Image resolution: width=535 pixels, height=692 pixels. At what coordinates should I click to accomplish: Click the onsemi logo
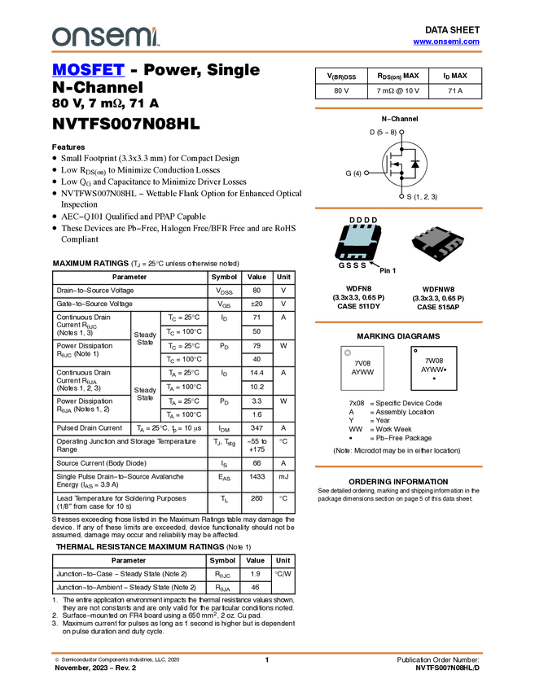pos(105,37)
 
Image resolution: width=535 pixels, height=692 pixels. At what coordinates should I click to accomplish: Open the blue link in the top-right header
pos(446,42)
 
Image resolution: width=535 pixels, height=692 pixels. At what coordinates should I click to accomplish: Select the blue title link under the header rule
pos(88,71)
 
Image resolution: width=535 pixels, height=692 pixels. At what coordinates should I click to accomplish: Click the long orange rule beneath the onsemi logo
pos(267,52)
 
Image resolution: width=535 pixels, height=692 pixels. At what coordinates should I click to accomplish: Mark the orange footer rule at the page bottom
pos(267,653)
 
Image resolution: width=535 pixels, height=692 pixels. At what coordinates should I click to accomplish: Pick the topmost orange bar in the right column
pos(398,108)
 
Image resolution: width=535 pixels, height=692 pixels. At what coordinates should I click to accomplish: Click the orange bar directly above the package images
pos(398,208)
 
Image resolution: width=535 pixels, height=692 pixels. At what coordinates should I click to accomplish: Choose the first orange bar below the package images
pos(398,322)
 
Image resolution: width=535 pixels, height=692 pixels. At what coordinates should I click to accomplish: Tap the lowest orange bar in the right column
pos(398,466)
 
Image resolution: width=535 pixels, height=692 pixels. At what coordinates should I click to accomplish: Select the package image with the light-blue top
pos(357,243)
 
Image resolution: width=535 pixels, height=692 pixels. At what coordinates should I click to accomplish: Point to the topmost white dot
pos(401,132)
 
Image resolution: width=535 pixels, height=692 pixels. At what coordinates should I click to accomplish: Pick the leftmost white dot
pos(366,173)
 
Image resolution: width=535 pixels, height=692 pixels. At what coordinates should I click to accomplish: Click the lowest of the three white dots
pos(401,196)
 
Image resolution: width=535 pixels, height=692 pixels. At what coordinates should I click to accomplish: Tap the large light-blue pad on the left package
pos(357,237)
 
